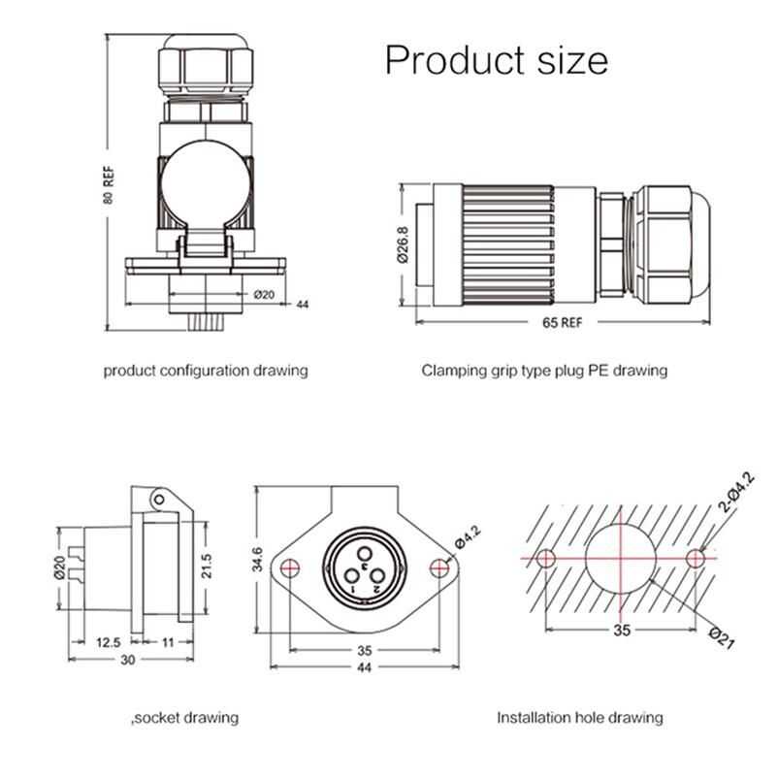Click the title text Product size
point(496,60)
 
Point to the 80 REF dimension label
point(110,184)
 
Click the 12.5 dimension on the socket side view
point(109,642)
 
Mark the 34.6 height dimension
point(256,560)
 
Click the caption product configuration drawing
point(206,370)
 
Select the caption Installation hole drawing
point(580,718)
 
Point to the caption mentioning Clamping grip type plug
point(544,370)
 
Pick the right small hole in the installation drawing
point(696,559)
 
